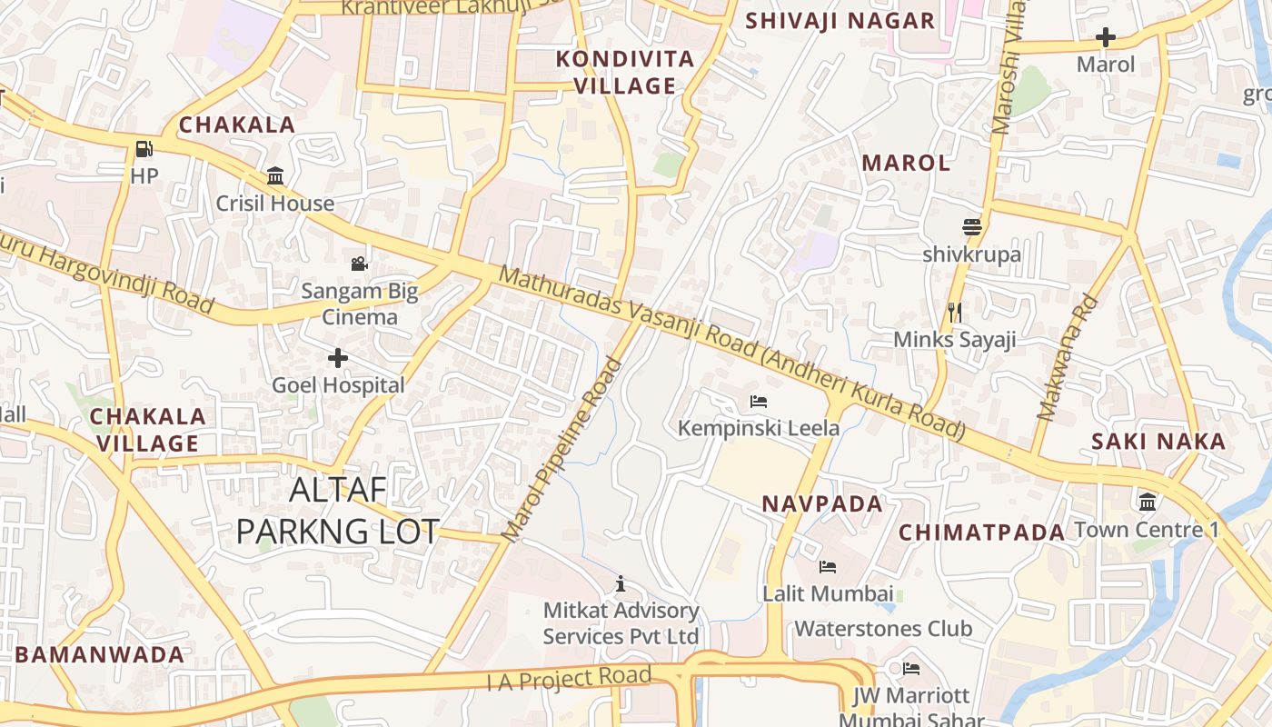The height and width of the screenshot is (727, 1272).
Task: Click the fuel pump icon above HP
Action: (x=144, y=149)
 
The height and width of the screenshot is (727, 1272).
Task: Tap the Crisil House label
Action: (x=274, y=203)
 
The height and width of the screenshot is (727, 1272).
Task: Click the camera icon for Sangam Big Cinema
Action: (x=360, y=264)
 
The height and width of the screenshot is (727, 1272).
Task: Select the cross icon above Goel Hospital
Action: (x=338, y=358)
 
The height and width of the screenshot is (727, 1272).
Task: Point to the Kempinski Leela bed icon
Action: (x=759, y=401)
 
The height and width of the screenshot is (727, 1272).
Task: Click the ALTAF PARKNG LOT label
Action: (x=338, y=511)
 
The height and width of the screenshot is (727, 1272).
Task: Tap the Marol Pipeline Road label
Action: (x=562, y=450)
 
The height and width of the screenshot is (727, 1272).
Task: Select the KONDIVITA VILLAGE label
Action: (x=625, y=73)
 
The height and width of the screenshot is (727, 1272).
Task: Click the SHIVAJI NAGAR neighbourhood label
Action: (x=840, y=21)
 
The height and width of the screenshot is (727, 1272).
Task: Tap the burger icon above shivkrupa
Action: (x=972, y=227)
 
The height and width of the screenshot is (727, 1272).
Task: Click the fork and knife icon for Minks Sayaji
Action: (x=954, y=313)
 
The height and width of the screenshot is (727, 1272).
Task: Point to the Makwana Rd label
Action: (x=1068, y=359)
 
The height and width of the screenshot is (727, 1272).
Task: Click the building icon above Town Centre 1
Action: (x=1147, y=502)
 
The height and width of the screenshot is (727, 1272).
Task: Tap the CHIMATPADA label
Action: (x=981, y=533)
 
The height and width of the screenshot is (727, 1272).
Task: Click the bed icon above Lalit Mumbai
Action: (x=827, y=567)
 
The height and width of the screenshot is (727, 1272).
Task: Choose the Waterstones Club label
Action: (x=883, y=629)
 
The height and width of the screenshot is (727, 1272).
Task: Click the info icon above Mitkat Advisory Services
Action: (x=621, y=583)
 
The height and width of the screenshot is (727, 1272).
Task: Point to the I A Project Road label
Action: (x=570, y=678)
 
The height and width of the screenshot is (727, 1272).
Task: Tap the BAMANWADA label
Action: (x=99, y=654)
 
